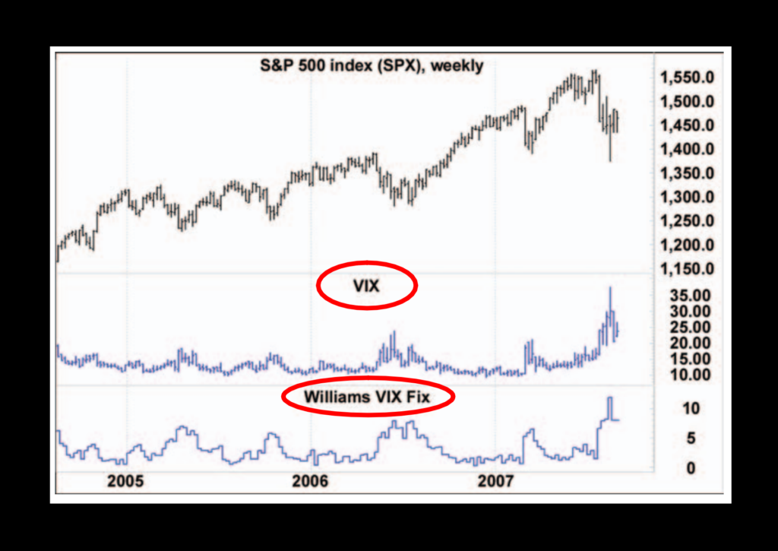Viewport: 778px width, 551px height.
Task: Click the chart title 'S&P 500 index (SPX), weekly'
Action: (372, 66)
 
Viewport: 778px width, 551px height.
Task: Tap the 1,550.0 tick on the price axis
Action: (687, 78)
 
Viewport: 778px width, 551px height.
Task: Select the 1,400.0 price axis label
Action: (687, 150)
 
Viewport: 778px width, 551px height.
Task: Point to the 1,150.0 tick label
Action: (687, 270)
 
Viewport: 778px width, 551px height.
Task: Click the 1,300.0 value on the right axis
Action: (687, 198)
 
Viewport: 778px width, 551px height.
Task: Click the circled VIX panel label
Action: (366, 287)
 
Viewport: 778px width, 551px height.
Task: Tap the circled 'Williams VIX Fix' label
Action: (367, 396)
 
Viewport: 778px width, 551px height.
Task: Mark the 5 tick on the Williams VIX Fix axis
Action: (691, 438)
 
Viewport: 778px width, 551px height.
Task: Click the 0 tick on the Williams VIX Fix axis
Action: (691, 469)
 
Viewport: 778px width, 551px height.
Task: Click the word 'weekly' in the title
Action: (457, 66)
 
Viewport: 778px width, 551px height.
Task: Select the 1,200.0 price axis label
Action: (687, 245)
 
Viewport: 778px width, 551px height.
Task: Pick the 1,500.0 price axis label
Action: (687, 102)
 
